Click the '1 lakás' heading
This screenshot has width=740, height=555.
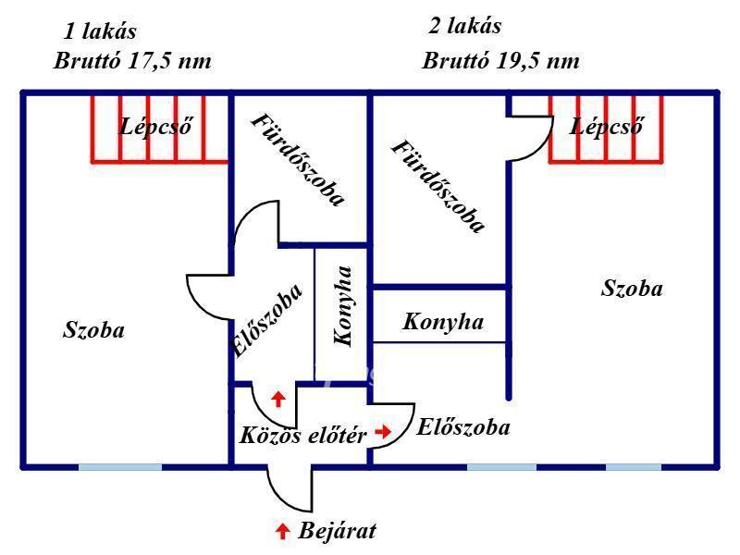[100, 31]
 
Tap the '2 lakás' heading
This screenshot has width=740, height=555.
[465, 26]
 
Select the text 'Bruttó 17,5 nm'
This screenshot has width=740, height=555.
[132, 61]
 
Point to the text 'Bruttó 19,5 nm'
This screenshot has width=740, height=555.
[500, 61]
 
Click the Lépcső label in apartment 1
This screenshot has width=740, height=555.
[156, 127]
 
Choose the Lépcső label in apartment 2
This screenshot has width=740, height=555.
[607, 127]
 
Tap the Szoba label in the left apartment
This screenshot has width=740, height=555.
[93, 329]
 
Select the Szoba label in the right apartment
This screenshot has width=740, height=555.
[632, 288]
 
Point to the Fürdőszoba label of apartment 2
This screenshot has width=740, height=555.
[438, 187]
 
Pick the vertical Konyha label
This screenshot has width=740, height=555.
[343, 306]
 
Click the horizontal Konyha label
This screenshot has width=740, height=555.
[443, 322]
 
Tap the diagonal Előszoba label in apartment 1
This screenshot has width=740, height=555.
[267, 319]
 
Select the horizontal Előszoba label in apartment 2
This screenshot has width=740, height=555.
[463, 427]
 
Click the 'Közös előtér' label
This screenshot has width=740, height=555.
[303, 435]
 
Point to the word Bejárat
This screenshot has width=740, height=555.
[338, 530]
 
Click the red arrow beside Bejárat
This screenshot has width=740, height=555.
[282, 531]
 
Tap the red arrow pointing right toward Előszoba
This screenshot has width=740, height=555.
[383, 431]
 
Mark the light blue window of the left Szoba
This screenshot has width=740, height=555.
[120, 467]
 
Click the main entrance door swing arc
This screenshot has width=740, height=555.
[279, 500]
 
